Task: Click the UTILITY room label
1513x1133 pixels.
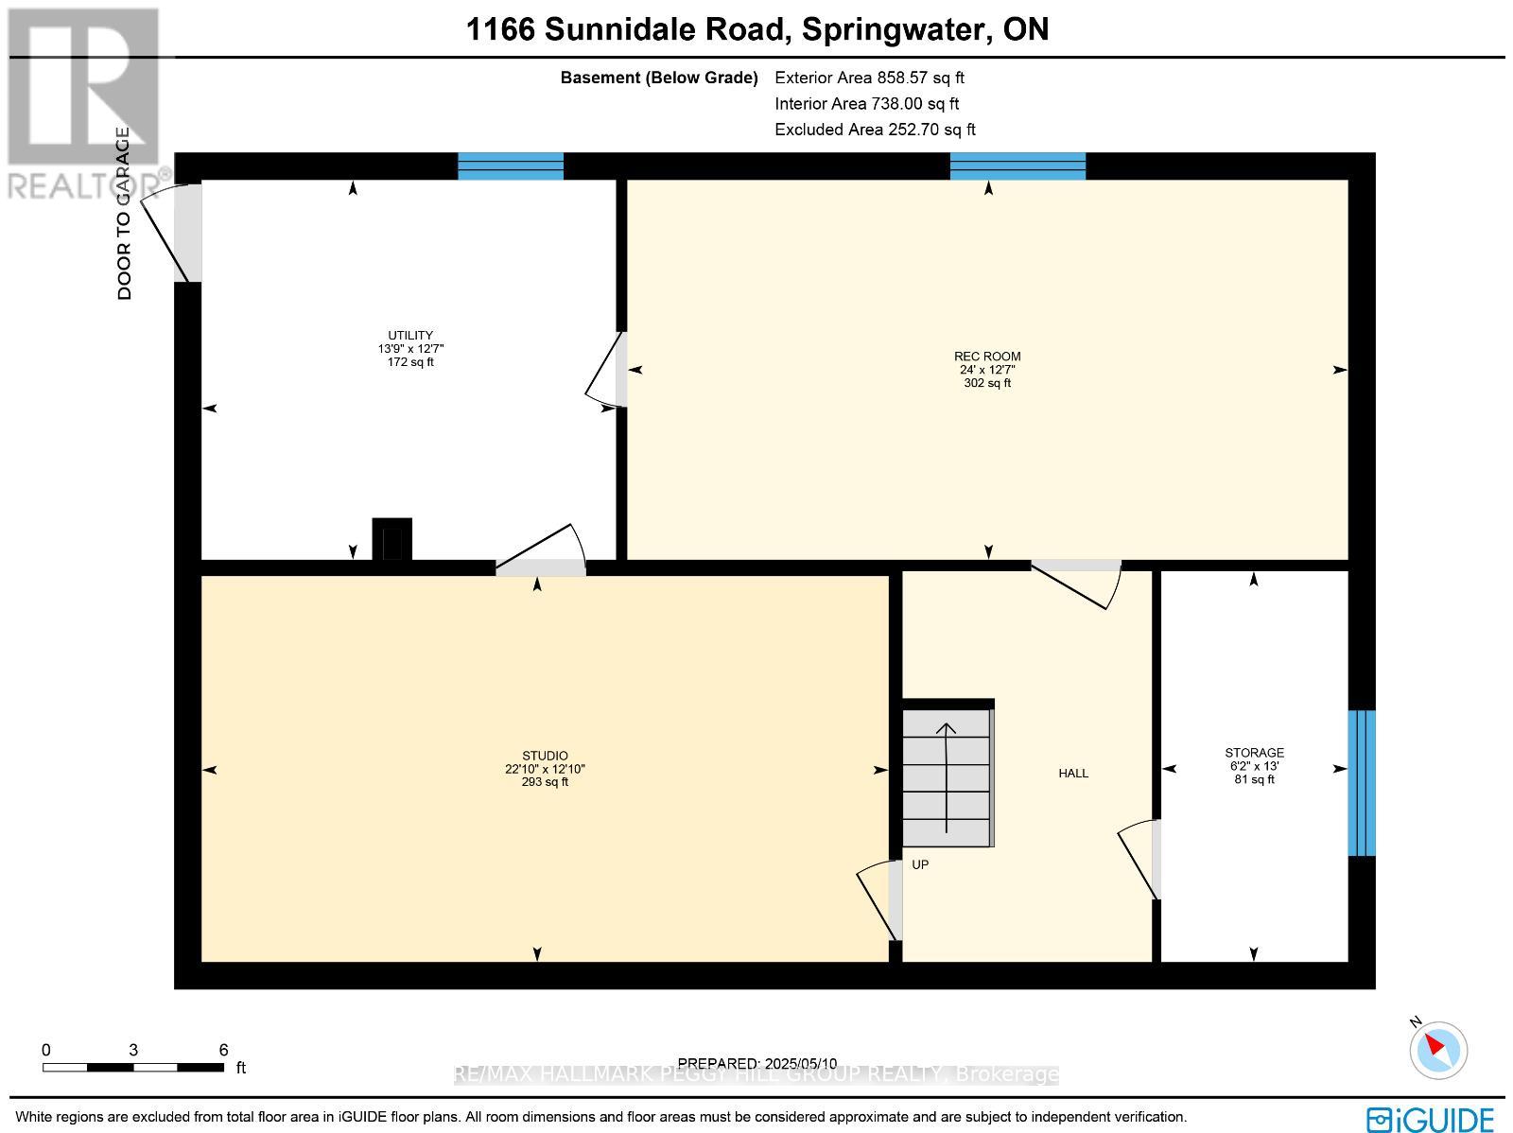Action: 410,336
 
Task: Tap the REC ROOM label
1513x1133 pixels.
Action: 987,357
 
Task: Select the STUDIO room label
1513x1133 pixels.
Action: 545,756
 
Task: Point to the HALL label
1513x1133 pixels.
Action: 1073,774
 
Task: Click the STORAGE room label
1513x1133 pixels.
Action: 1254,753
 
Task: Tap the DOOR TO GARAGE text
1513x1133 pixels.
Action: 124,214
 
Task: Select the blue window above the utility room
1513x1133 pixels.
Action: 511,166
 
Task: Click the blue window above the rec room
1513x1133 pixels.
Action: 1017,166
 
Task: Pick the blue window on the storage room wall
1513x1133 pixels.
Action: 1362,783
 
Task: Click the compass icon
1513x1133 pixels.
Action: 1438,1050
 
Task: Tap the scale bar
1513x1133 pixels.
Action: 132,1067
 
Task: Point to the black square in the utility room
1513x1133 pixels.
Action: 392,539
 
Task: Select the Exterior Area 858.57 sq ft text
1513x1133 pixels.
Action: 869,78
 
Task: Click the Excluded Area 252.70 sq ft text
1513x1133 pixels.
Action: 875,130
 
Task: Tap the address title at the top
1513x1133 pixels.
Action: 757,29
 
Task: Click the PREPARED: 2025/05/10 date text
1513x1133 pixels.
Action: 757,1063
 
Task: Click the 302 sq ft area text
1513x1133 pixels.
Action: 987,384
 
